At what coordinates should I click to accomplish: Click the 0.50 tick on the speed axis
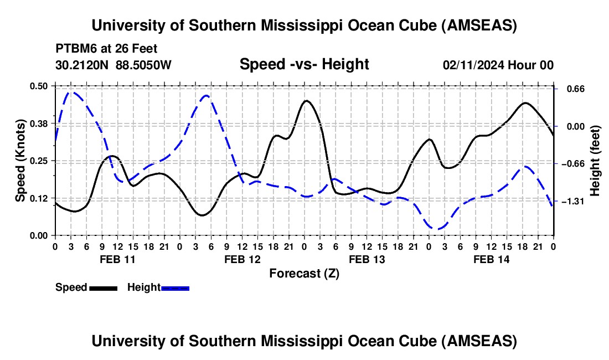coord(38,86)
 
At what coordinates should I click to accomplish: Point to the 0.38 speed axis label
coord(38,123)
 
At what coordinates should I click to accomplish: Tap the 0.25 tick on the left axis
coord(38,161)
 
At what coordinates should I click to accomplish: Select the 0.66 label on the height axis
coord(570,89)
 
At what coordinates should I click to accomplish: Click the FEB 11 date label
coord(117,259)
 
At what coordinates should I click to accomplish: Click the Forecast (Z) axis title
coord(304,273)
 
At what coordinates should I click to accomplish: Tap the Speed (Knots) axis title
coord(20,161)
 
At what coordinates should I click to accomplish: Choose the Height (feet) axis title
coord(595,161)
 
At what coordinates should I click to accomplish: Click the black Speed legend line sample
coord(103,288)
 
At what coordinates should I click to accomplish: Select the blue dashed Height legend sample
coord(175,288)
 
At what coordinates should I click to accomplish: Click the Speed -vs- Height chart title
coord(304,64)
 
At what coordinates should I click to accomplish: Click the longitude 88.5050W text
coord(144,65)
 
